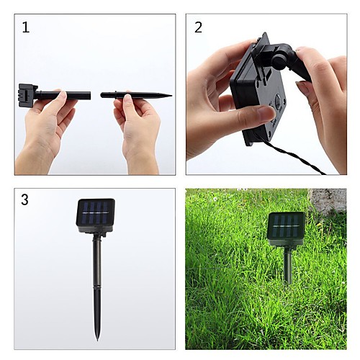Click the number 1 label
click(x=26, y=27)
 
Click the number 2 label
click(x=198, y=27)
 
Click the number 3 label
click(x=24, y=199)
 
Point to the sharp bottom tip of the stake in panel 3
click(x=97, y=341)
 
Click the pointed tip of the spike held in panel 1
click(x=171, y=96)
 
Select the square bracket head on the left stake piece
click(x=28, y=95)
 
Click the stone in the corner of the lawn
click(x=328, y=200)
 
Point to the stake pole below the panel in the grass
click(x=287, y=265)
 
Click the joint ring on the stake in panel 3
click(x=97, y=287)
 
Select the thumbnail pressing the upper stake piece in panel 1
click(x=63, y=94)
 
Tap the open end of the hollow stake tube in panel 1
click(x=89, y=96)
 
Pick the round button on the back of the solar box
click(x=278, y=99)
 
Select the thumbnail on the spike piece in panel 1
click(x=127, y=97)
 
